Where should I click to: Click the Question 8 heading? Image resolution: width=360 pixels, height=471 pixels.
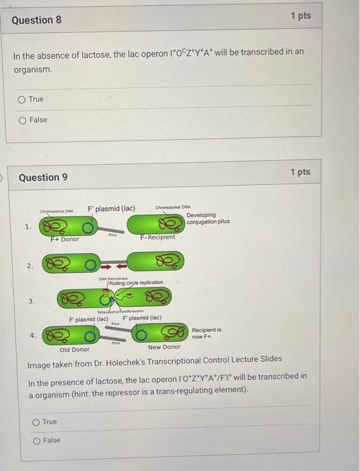(x=36, y=20)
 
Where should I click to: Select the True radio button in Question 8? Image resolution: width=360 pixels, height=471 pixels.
(x=22, y=99)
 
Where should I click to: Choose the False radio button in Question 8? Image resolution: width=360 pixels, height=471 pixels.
(x=22, y=120)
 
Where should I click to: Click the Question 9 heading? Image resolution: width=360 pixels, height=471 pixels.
(x=43, y=178)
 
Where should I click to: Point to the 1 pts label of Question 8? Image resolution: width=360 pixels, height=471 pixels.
(x=301, y=15)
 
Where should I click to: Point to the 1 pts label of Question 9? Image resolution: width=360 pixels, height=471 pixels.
(x=301, y=172)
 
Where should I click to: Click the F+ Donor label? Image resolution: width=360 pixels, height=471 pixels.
(x=65, y=239)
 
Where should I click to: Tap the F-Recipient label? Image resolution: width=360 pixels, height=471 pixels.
(x=158, y=237)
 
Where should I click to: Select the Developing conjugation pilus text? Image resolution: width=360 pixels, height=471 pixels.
(x=209, y=219)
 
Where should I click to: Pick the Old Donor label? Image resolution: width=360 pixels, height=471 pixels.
(x=74, y=349)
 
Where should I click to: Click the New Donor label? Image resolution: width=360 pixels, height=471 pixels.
(x=164, y=347)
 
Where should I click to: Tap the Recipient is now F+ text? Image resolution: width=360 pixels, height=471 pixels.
(x=207, y=333)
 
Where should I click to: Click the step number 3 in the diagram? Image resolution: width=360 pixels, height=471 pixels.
(x=29, y=301)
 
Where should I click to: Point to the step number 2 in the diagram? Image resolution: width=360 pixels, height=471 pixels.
(x=29, y=266)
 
